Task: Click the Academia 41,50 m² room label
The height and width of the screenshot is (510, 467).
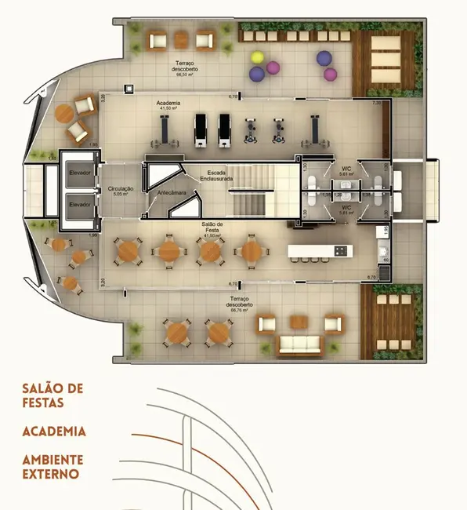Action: pyautogui.click(x=169, y=105)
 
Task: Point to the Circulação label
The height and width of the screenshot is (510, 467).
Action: pyautogui.click(x=121, y=191)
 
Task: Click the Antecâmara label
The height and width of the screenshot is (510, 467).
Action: pyautogui.click(x=171, y=192)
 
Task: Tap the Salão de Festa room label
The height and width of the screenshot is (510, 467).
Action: pyautogui.click(x=213, y=229)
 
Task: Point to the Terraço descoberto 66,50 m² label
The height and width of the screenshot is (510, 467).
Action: pyautogui.click(x=185, y=66)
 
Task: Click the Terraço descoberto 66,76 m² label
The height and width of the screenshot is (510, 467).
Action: pyautogui.click(x=240, y=303)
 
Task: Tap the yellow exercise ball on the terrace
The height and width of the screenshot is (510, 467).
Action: pyautogui.click(x=257, y=57)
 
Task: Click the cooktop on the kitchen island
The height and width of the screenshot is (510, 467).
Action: pyautogui.click(x=341, y=250)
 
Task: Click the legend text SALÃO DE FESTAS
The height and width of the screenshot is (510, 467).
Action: pyautogui.click(x=52, y=396)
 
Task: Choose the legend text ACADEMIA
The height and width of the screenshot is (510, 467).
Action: pyautogui.click(x=54, y=432)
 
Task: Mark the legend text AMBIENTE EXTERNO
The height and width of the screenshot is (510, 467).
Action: pyautogui.click(x=52, y=467)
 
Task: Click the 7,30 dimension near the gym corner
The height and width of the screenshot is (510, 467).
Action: pyautogui.click(x=376, y=103)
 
